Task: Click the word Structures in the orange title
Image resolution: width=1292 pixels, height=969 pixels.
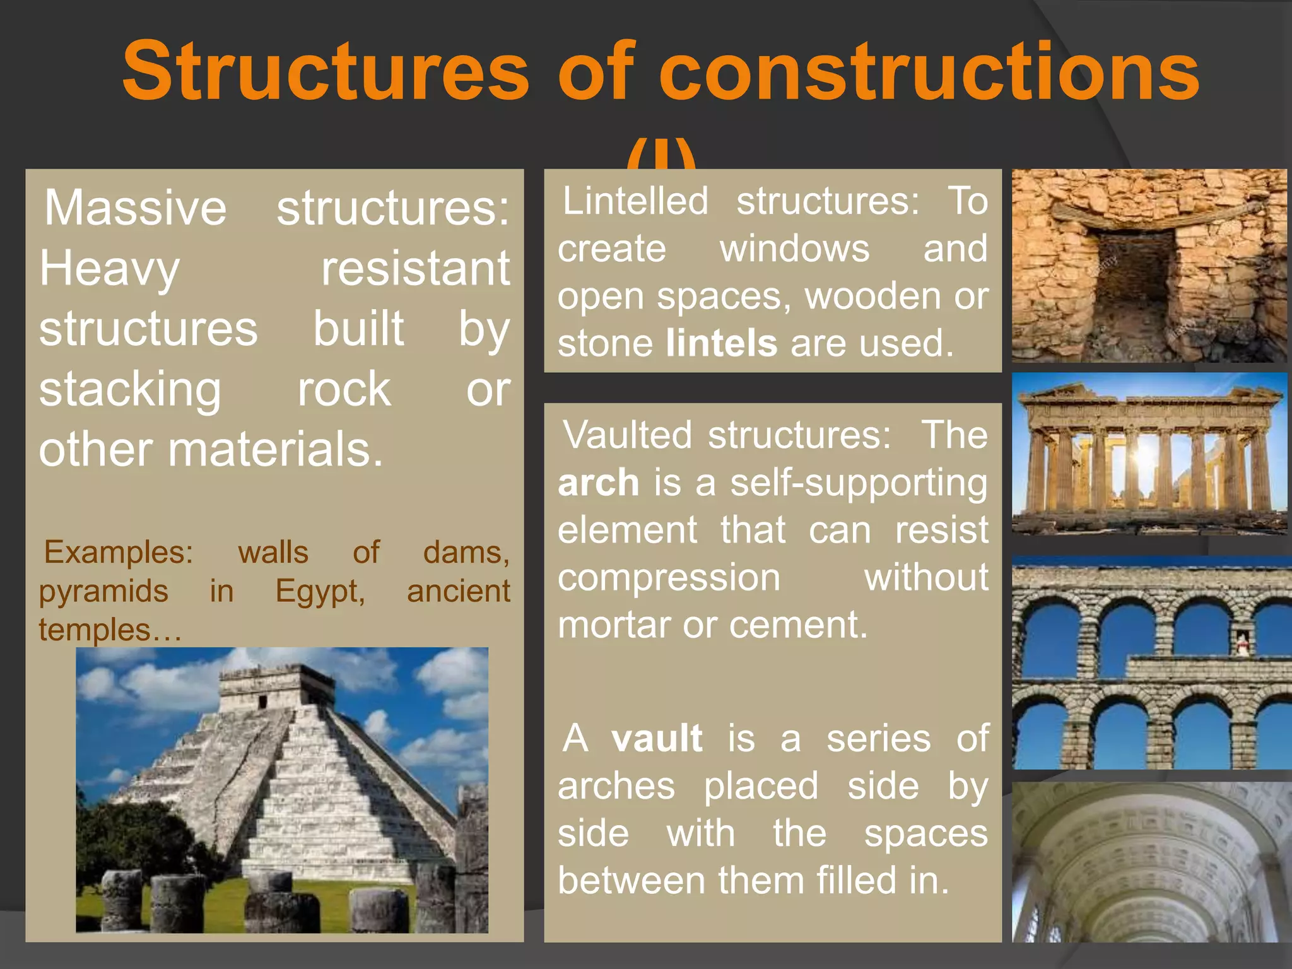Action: (x=325, y=71)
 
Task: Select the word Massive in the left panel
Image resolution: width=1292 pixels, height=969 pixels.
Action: (x=135, y=208)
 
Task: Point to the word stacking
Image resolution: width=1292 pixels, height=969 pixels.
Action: (x=130, y=390)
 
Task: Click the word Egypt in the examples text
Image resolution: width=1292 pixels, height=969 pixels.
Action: (x=319, y=592)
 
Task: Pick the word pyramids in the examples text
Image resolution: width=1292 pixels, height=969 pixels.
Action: (x=103, y=592)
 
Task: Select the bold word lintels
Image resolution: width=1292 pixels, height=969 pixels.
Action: (x=721, y=343)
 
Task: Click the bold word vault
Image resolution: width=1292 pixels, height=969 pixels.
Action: (x=656, y=738)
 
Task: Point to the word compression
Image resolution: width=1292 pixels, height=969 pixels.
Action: (x=669, y=577)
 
